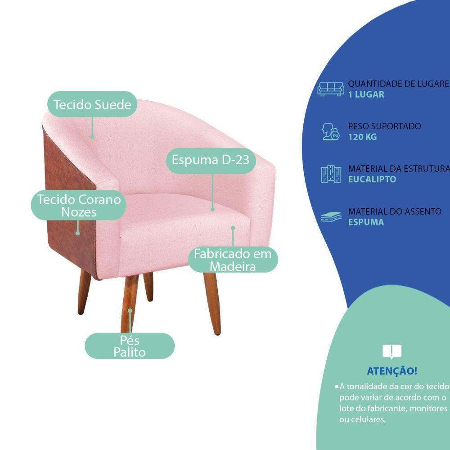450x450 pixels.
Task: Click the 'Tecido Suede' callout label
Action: (92, 104)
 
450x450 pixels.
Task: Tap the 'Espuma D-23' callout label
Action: (211, 159)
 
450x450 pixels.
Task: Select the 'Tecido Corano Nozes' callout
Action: (78, 205)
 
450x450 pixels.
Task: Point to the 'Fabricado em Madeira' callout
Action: (233, 260)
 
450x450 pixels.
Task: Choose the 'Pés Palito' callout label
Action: (130, 346)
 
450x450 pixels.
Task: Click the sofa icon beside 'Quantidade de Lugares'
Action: (331, 89)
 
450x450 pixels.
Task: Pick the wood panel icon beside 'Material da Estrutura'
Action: (331, 174)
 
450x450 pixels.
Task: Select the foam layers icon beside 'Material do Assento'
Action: (331, 217)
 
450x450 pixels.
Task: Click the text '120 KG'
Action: (362, 137)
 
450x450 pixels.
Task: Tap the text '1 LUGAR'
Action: (366, 94)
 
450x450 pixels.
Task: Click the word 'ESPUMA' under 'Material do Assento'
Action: (366, 222)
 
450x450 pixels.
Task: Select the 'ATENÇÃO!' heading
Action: (392, 371)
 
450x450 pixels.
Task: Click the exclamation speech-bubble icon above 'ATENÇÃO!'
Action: (391, 351)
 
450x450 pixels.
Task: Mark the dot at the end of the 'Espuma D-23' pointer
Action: (213, 209)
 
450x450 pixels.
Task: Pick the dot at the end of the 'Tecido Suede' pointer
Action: (92, 136)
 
